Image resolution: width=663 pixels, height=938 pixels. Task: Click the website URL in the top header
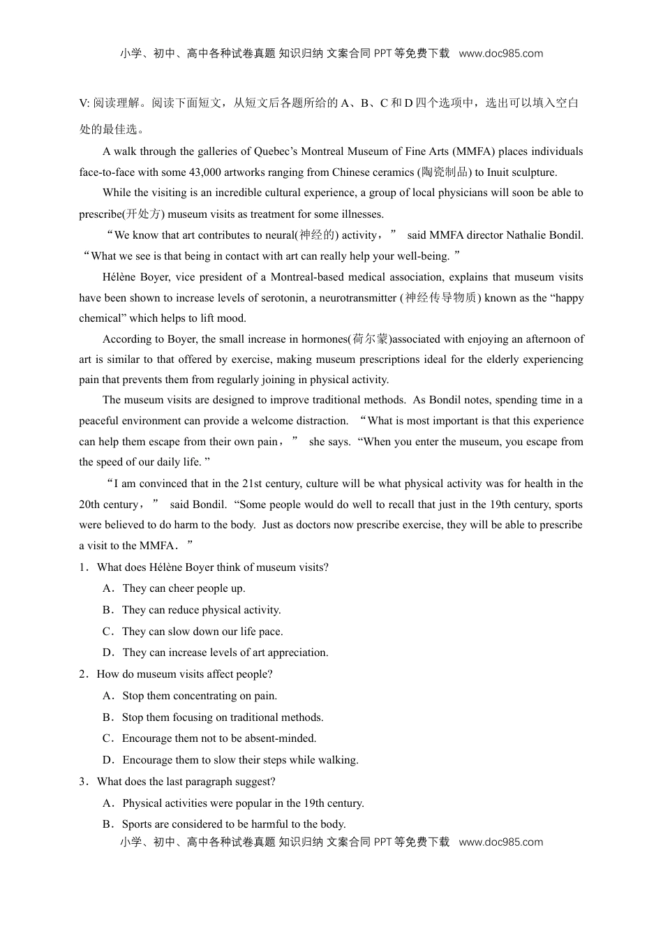pos(500,54)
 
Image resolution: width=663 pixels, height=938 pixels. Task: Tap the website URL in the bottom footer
pos(500,842)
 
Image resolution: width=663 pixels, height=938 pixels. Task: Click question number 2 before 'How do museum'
pos(83,674)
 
